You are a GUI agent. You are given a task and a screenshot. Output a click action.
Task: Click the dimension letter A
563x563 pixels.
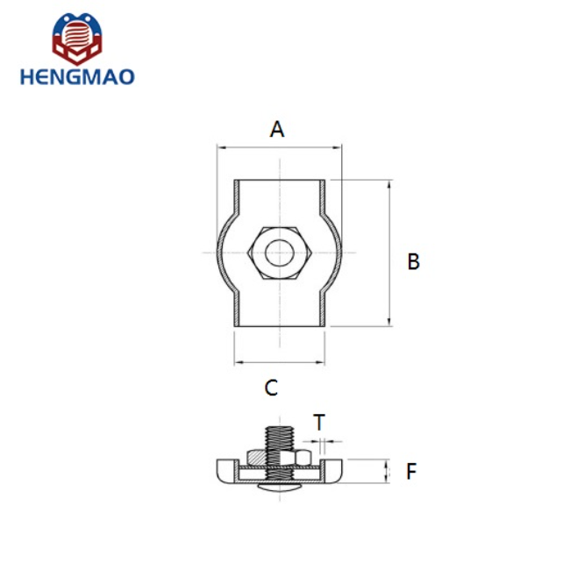[x=277, y=130]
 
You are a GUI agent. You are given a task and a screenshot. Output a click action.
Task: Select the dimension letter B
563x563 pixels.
[x=414, y=261]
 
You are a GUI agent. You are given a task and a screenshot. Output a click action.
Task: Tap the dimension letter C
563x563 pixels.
[x=272, y=388]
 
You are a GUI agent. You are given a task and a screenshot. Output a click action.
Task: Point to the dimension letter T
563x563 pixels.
[x=319, y=423]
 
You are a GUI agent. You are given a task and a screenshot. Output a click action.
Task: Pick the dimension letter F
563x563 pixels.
[x=411, y=472]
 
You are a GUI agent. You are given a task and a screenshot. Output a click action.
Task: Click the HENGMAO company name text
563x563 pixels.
[x=78, y=77]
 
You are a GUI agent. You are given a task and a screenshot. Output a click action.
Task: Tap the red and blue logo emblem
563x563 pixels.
[x=77, y=39]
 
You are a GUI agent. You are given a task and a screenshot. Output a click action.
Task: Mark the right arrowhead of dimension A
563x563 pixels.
[x=339, y=149]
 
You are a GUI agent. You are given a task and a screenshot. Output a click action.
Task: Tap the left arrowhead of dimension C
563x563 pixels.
[x=238, y=361]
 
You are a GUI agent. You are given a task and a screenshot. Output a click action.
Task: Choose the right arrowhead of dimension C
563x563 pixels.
[x=322, y=361]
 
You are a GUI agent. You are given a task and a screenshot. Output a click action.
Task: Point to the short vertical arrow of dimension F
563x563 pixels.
[x=386, y=471]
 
